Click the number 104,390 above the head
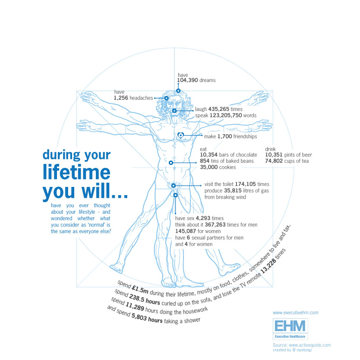187,80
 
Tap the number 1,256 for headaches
122,98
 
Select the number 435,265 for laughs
218,109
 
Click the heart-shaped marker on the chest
181,136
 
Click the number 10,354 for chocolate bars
209,155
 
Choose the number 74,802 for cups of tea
274,161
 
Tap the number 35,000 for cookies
209,167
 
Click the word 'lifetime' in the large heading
77,172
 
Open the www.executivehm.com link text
296,313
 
